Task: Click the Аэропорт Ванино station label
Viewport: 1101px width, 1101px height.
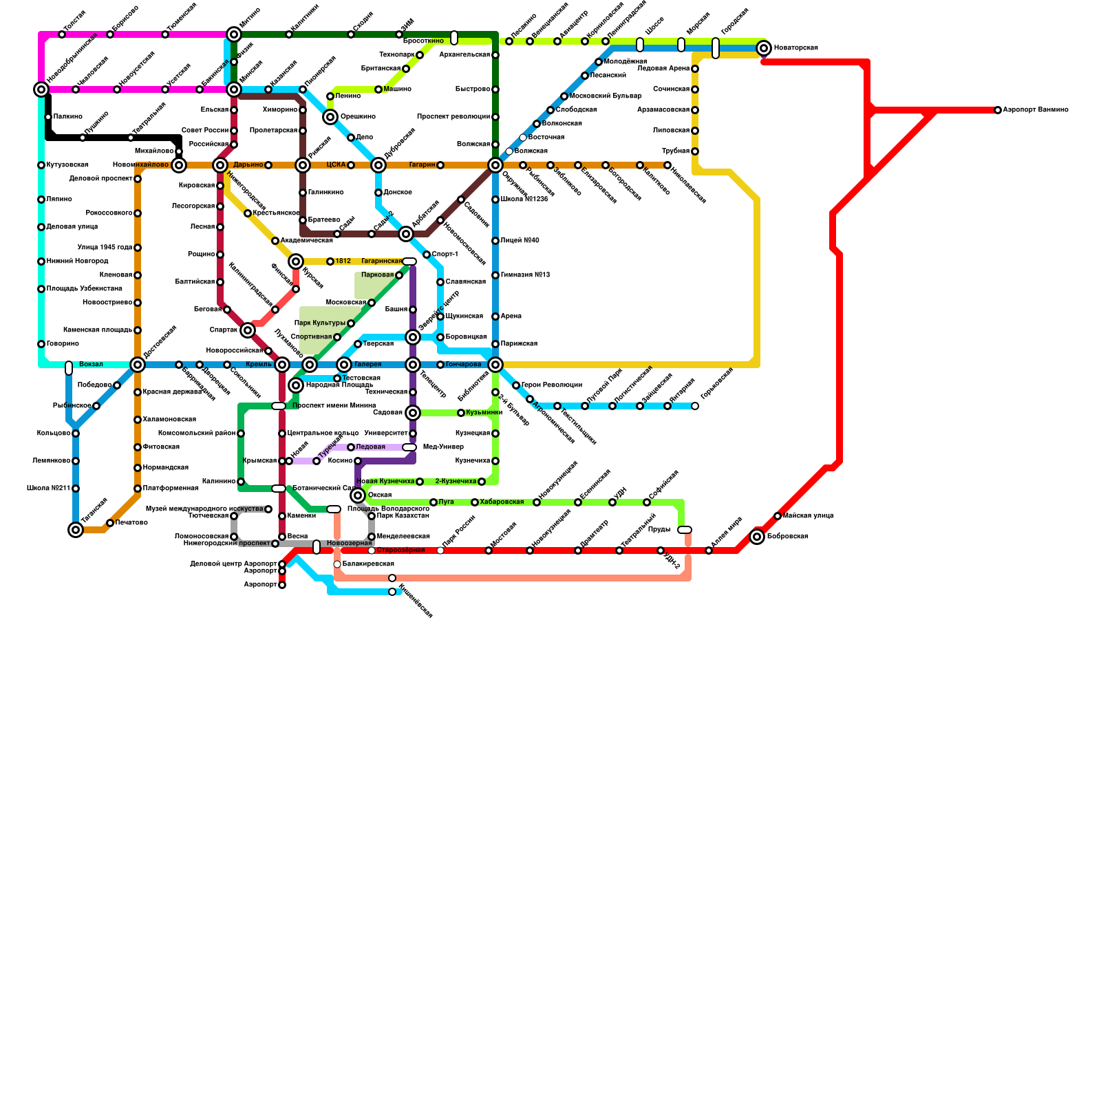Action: [1035, 110]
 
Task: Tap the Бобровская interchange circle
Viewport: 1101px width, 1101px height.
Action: [757, 537]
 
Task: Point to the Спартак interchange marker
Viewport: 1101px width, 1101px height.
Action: [248, 330]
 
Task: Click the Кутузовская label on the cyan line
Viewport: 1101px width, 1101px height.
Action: [67, 165]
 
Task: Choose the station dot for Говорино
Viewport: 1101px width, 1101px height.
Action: [41, 344]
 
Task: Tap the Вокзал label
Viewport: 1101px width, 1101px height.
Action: [91, 365]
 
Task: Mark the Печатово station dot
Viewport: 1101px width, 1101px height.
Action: [110, 523]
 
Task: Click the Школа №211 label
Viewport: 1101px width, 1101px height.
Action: [48, 489]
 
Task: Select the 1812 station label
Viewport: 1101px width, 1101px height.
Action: [343, 261]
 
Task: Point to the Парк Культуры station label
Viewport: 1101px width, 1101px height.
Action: [319, 323]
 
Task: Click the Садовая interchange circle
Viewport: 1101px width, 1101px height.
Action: [413, 413]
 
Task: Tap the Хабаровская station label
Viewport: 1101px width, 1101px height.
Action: [502, 502]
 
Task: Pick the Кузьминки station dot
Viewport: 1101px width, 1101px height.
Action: [461, 413]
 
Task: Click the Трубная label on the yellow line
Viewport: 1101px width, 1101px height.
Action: [676, 151]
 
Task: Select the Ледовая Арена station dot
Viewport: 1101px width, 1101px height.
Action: [695, 69]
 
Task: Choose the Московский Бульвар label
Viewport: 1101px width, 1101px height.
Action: [606, 96]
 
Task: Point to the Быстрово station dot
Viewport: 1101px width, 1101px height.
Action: [495, 89]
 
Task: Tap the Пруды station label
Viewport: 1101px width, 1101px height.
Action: [659, 530]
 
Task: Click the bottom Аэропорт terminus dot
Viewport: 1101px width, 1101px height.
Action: [282, 585]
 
